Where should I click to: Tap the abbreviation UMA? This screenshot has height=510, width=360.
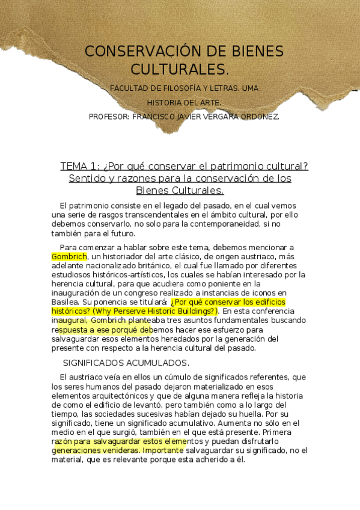tap(249, 88)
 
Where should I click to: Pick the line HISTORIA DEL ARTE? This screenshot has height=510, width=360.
tap(184, 103)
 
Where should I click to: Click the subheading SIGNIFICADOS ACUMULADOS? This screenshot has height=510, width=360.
tap(126, 363)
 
